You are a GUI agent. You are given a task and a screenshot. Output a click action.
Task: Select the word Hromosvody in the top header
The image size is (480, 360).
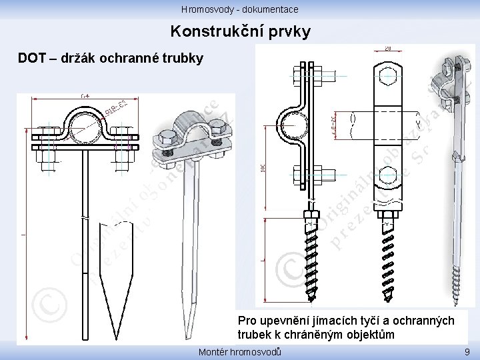point(204,9)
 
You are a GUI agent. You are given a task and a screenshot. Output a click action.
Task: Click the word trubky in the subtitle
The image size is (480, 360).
point(183,59)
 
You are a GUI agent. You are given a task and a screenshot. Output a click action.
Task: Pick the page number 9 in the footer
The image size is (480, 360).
point(466,352)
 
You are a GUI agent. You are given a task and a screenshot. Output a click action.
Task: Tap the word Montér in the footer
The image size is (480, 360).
point(214,352)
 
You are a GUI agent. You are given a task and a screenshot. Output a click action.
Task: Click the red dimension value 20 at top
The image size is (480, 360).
point(388,47)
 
